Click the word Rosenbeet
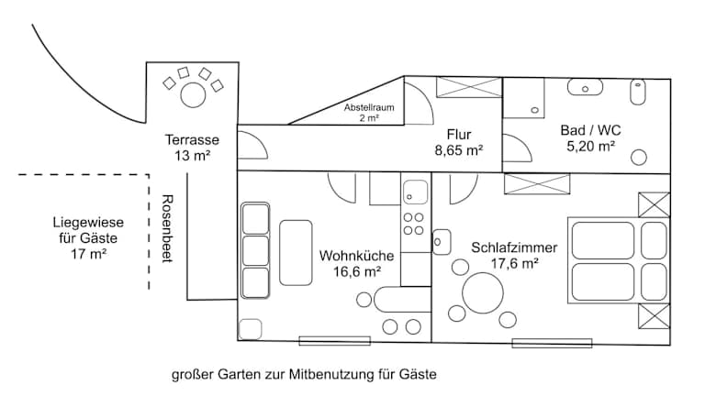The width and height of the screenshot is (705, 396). click(x=167, y=229)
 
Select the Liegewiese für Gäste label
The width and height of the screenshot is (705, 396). click(x=88, y=238)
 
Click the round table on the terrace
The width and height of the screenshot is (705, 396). click(x=193, y=93)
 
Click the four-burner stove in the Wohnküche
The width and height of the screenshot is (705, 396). click(x=414, y=225)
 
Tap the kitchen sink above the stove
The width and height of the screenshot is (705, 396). click(x=415, y=193)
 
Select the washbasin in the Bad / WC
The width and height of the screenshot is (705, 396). click(x=585, y=89)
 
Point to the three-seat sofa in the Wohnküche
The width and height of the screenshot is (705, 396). click(x=255, y=250)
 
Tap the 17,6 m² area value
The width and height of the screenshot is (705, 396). click(x=514, y=263)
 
